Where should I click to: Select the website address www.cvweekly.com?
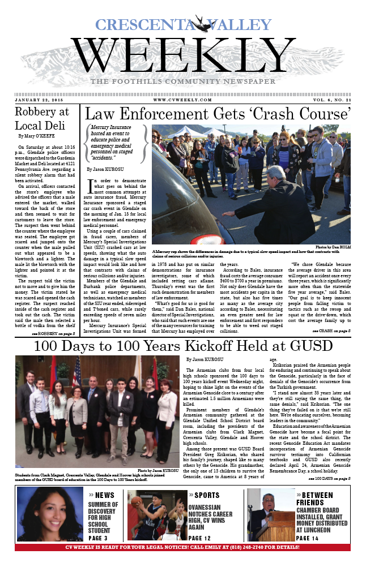(x=182, y=100)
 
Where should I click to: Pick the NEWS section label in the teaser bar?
(x=104, y=495)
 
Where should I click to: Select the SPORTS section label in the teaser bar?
(x=207, y=495)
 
